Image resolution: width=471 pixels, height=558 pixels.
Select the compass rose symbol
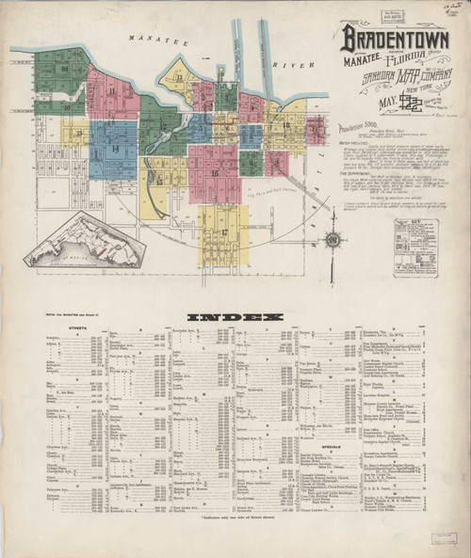point(332,239)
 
